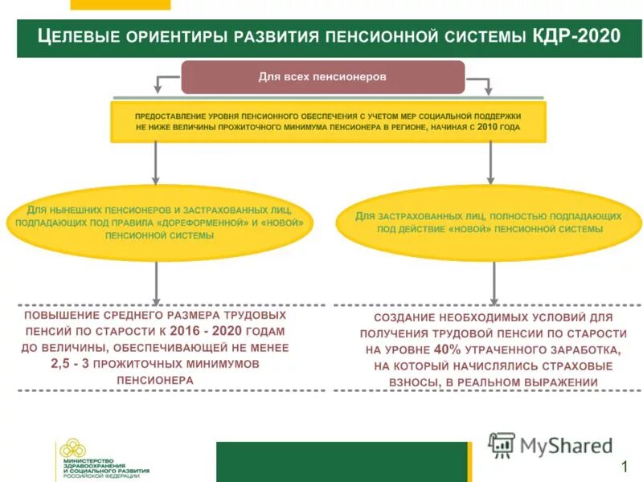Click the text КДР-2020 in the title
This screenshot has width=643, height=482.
(575, 36)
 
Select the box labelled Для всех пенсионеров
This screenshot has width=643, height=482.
(322, 77)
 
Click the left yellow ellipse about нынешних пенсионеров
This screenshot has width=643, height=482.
(157, 223)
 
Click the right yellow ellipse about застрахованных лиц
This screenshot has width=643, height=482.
(489, 223)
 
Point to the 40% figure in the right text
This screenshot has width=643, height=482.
(446, 349)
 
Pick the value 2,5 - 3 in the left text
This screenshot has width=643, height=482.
(67, 364)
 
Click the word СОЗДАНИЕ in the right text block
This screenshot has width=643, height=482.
(408, 317)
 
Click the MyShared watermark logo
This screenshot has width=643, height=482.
(551, 445)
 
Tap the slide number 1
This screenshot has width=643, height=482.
(623, 467)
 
